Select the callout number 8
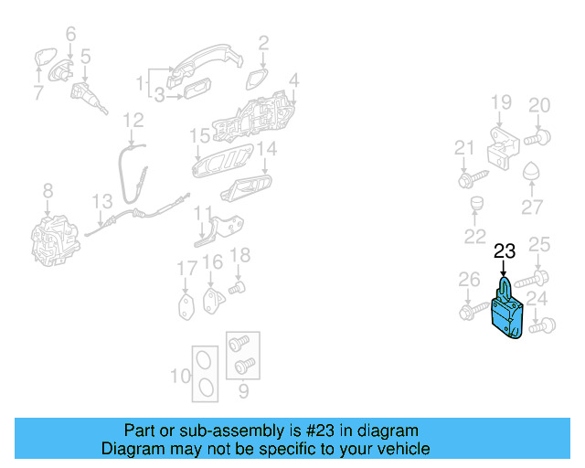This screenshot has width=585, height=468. pos(48,190)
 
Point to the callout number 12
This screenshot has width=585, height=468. pos(133,119)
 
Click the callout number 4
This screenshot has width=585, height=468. pos(293,80)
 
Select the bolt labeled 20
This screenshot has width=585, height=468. pos(538,138)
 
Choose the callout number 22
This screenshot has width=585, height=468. pos(474,237)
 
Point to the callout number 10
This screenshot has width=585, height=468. pos(180,375)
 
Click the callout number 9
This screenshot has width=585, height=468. pos(242,393)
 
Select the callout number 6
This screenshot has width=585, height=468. pos(70,35)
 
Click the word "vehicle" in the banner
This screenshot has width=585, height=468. pos(402,449)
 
